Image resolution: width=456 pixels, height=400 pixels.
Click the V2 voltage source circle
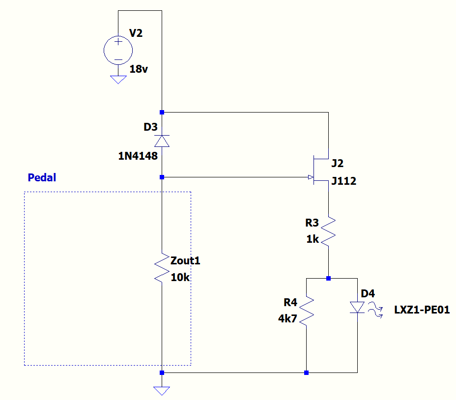pos(118,50)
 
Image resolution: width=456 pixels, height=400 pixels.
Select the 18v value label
pos(139,69)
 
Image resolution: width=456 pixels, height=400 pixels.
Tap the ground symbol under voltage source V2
pos(118,79)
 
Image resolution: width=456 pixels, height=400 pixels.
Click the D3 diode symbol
pos(162,141)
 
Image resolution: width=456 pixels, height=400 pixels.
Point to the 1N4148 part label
pos(138,156)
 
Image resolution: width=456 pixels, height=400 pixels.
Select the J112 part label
pos(344,181)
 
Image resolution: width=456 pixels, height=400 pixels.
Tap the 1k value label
pos(313,239)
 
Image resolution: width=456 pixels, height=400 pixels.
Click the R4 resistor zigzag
pos(306,310)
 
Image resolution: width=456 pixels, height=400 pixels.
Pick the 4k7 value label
pos(287,318)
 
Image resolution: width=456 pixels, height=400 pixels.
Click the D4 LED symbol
pos(357,308)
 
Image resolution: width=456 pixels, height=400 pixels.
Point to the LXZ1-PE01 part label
pos(422,310)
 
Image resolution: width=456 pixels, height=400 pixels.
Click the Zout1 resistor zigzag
pos(162,267)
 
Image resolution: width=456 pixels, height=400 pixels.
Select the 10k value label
pos(180,277)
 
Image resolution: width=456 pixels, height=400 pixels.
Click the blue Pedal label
pos(42,177)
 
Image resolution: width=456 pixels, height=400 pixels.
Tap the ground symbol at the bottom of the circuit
pos(162,390)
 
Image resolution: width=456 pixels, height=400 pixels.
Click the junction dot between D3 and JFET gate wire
pos(162,177)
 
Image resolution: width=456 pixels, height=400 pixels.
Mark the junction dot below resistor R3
pos(328,278)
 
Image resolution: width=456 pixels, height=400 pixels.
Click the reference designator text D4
pos(368,294)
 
